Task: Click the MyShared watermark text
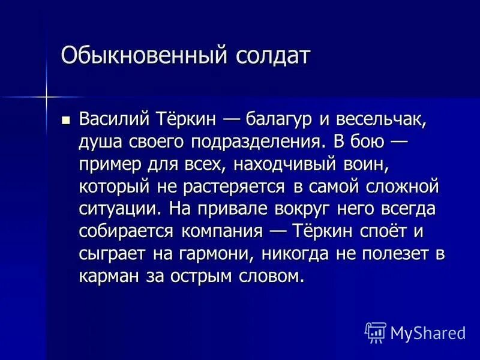pos(428,332)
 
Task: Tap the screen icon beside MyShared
pos(376,332)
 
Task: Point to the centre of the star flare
pos(46,96)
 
